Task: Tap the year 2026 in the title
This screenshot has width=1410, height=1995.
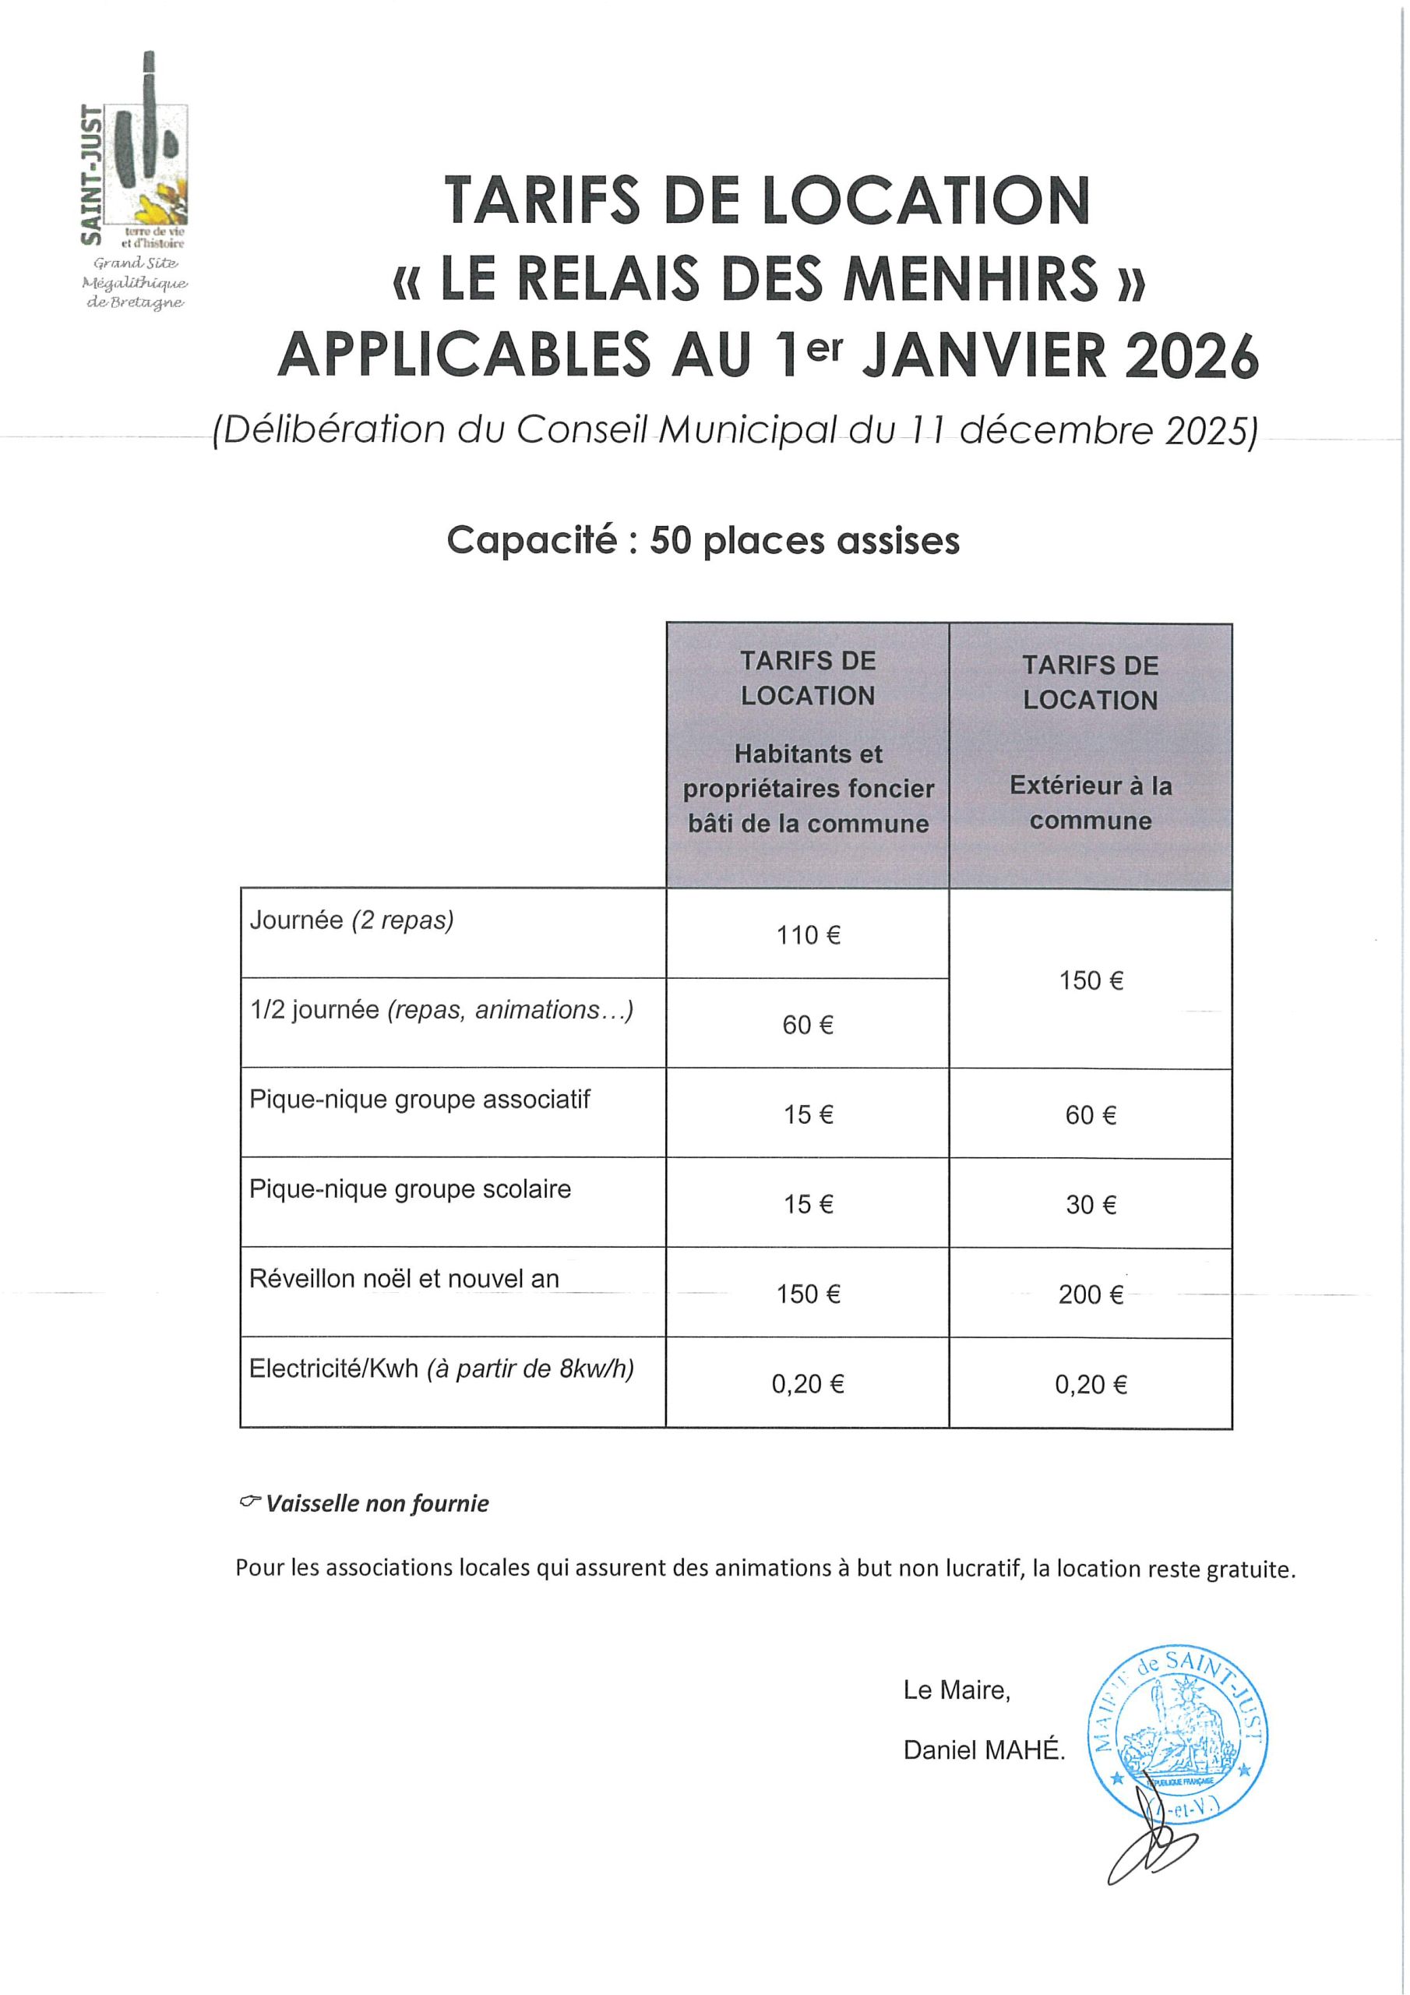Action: [x=1191, y=357]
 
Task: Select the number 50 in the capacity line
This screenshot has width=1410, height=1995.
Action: [x=670, y=541]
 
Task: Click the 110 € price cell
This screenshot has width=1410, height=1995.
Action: [x=808, y=935]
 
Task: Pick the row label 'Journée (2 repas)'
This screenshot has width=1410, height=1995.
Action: [x=352, y=920]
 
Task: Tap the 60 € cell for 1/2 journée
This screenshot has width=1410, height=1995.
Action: [x=808, y=1026]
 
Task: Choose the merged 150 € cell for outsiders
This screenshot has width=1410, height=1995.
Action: [x=1091, y=980]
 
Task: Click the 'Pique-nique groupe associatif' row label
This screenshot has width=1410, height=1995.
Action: [x=420, y=1099]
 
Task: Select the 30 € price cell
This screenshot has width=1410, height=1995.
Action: [x=1091, y=1204]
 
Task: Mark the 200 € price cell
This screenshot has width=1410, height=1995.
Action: [x=1091, y=1294]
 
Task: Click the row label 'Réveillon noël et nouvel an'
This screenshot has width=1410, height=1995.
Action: [x=404, y=1278]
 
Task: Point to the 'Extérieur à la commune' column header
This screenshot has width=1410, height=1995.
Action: [x=1091, y=803]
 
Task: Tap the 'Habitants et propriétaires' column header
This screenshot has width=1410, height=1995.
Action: [x=808, y=788]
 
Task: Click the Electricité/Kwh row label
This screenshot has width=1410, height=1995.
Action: [x=442, y=1368]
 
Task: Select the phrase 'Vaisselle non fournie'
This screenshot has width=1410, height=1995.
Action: [x=377, y=1503]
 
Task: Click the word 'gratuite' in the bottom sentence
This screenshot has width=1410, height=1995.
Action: [x=1250, y=1570]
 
